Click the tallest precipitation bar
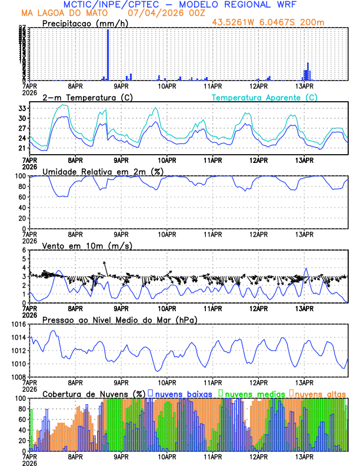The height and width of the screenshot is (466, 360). pos(108,54)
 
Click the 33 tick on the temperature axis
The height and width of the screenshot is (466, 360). pos(23,108)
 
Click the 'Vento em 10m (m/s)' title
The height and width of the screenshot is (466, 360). pos(88,245)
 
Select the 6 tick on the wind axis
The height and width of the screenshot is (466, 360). pos(25,250)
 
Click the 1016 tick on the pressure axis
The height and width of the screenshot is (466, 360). pos(19,324)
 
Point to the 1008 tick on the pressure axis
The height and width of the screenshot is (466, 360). pos(19,377)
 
